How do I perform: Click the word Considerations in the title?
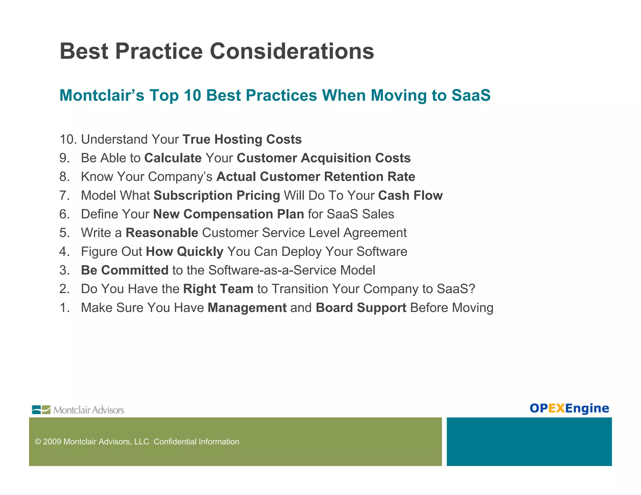coord(292,51)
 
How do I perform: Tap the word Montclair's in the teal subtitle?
coord(102,95)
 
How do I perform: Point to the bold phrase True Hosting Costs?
coord(242,140)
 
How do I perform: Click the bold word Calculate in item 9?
coord(173,158)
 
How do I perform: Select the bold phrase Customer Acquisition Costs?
coord(323,158)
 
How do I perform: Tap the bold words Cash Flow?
coord(410,196)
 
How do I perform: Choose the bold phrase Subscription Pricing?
coord(217,196)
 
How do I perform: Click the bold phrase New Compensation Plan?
coord(228,214)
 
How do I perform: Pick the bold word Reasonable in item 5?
coord(162,233)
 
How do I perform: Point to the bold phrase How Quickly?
coord(185,252)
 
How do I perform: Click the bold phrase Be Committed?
coord(125,270)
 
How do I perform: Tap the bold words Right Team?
coord(218,289)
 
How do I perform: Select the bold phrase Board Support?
coord(361,308)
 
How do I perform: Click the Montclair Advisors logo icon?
coord(41,410)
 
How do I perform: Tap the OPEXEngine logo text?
coord(569,408)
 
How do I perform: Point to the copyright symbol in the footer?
coord(38,442)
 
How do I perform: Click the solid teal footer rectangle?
coord(529,441)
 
